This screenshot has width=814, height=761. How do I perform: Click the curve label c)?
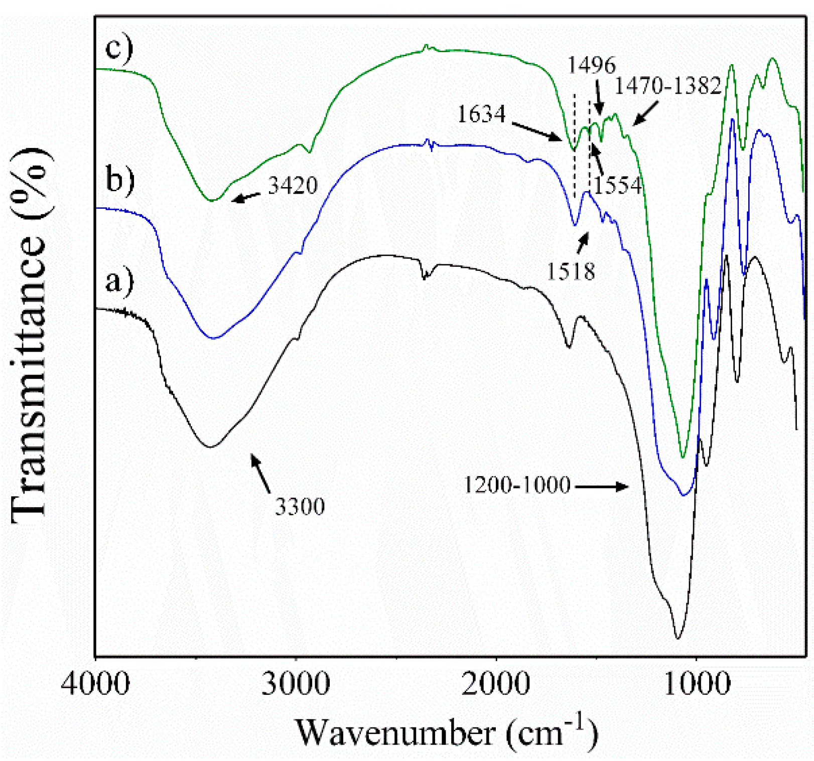tap(119, 49)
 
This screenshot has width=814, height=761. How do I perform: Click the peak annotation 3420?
tap(293, 186)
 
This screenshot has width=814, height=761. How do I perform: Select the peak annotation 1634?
tap(481, 114)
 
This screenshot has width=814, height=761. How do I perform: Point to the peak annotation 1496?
tap(592, 65)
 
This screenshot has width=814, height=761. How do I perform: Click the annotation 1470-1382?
tap(668, 86)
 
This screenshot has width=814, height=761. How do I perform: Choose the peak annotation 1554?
tap(618, 186)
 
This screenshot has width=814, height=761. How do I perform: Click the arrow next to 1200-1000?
tap(602, 486)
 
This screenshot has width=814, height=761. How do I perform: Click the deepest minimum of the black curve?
tap(677, 638)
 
